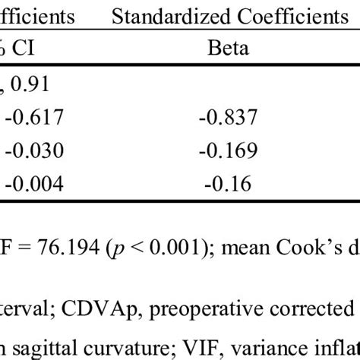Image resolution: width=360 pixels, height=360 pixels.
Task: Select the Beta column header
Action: tap(229, 49)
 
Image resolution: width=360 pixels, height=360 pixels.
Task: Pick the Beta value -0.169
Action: tap(228, 150)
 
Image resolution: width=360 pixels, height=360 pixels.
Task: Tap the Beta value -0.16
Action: tap(228, 183)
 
